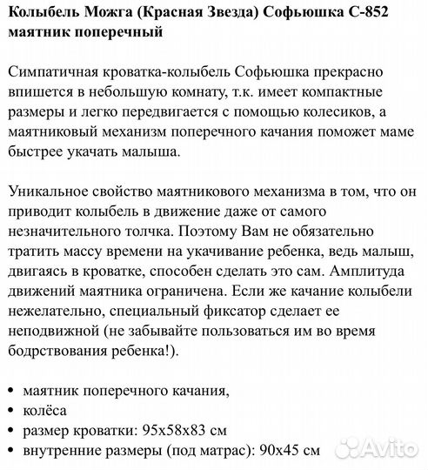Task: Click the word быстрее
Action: click(32, 152)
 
